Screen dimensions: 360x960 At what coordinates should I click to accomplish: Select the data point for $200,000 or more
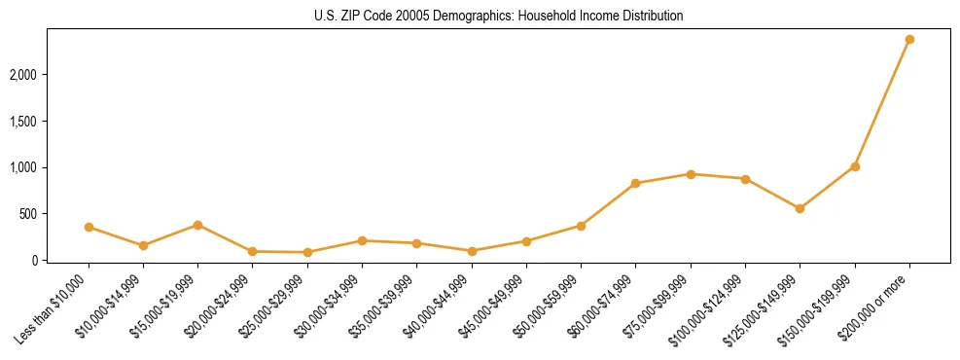point(909,40)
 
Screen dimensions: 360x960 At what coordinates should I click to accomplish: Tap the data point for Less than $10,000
point(89,227)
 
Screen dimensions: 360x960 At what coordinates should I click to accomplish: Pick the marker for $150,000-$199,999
point(855,166)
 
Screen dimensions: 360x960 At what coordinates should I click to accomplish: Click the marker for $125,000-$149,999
point(800,208)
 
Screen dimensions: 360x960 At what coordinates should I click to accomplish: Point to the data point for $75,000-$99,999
point(691,174)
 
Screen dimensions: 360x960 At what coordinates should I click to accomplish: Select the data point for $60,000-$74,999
point(635,183)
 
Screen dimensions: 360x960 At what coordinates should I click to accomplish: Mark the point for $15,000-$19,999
point(197,225)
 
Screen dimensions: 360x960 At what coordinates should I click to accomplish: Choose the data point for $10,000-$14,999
point(143,245)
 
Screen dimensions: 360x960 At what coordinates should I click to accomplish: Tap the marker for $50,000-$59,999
point(581,226)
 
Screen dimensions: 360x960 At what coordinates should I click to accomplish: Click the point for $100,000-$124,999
point(745,179)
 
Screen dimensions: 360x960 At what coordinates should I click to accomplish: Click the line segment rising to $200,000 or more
point(882,103)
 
